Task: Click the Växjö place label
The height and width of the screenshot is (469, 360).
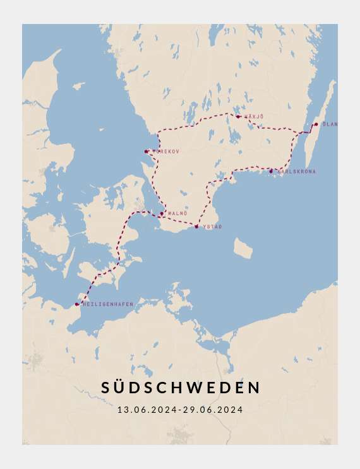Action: pos(254,117)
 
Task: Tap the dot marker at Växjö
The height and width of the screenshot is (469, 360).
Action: pos(238,116)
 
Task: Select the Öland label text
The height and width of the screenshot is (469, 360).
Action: pos(330,124)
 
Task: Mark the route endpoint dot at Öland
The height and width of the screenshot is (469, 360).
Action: pos(316,124)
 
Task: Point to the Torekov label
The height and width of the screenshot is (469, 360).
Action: pos(165,151)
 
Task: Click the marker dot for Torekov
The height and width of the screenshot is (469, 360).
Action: pos(147,151)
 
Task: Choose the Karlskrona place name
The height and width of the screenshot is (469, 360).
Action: pos(296,172)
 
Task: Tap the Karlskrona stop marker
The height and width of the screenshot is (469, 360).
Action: pos(271,171)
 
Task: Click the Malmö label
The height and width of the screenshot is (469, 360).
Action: pos(177,214)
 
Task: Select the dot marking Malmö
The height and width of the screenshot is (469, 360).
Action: pos(162,213)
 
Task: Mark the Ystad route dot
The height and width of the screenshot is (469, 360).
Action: pos(196,226)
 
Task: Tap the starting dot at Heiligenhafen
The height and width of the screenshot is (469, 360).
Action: pos(77,304)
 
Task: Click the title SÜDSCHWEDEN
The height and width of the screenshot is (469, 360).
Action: pos(181,388)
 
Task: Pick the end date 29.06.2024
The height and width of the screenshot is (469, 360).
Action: pos(213,410)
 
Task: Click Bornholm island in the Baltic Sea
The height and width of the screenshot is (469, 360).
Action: pos(243,248)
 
